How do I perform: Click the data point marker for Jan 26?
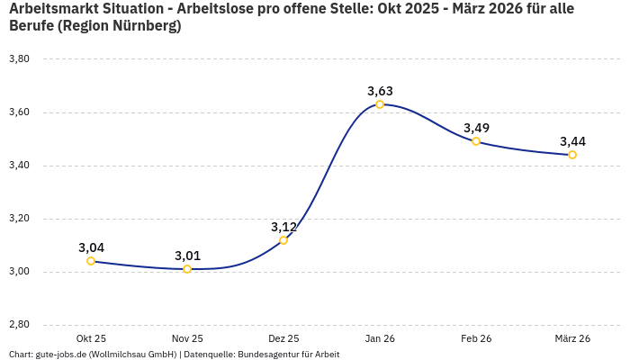click(380, 104)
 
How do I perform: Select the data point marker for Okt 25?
click(91, 261)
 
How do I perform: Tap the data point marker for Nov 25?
click(187, 269)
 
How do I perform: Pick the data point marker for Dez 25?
click(283, 240)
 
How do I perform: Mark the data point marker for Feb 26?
click(476, 141)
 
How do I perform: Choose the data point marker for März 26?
click(572, 155)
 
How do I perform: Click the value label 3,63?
click(380, 91)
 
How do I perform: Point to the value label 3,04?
click(91, 247)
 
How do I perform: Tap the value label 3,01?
click(187, 256)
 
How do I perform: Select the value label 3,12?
click(283, 227)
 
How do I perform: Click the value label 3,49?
click(476, 128)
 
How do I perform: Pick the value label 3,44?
click(572, 141)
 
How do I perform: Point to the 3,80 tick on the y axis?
click(19, 59)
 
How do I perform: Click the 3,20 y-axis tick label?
click(19, 219)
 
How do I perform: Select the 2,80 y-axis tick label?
click(19, 325)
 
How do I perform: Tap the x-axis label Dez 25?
click(283, 338)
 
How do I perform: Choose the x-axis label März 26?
click(572, 338)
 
